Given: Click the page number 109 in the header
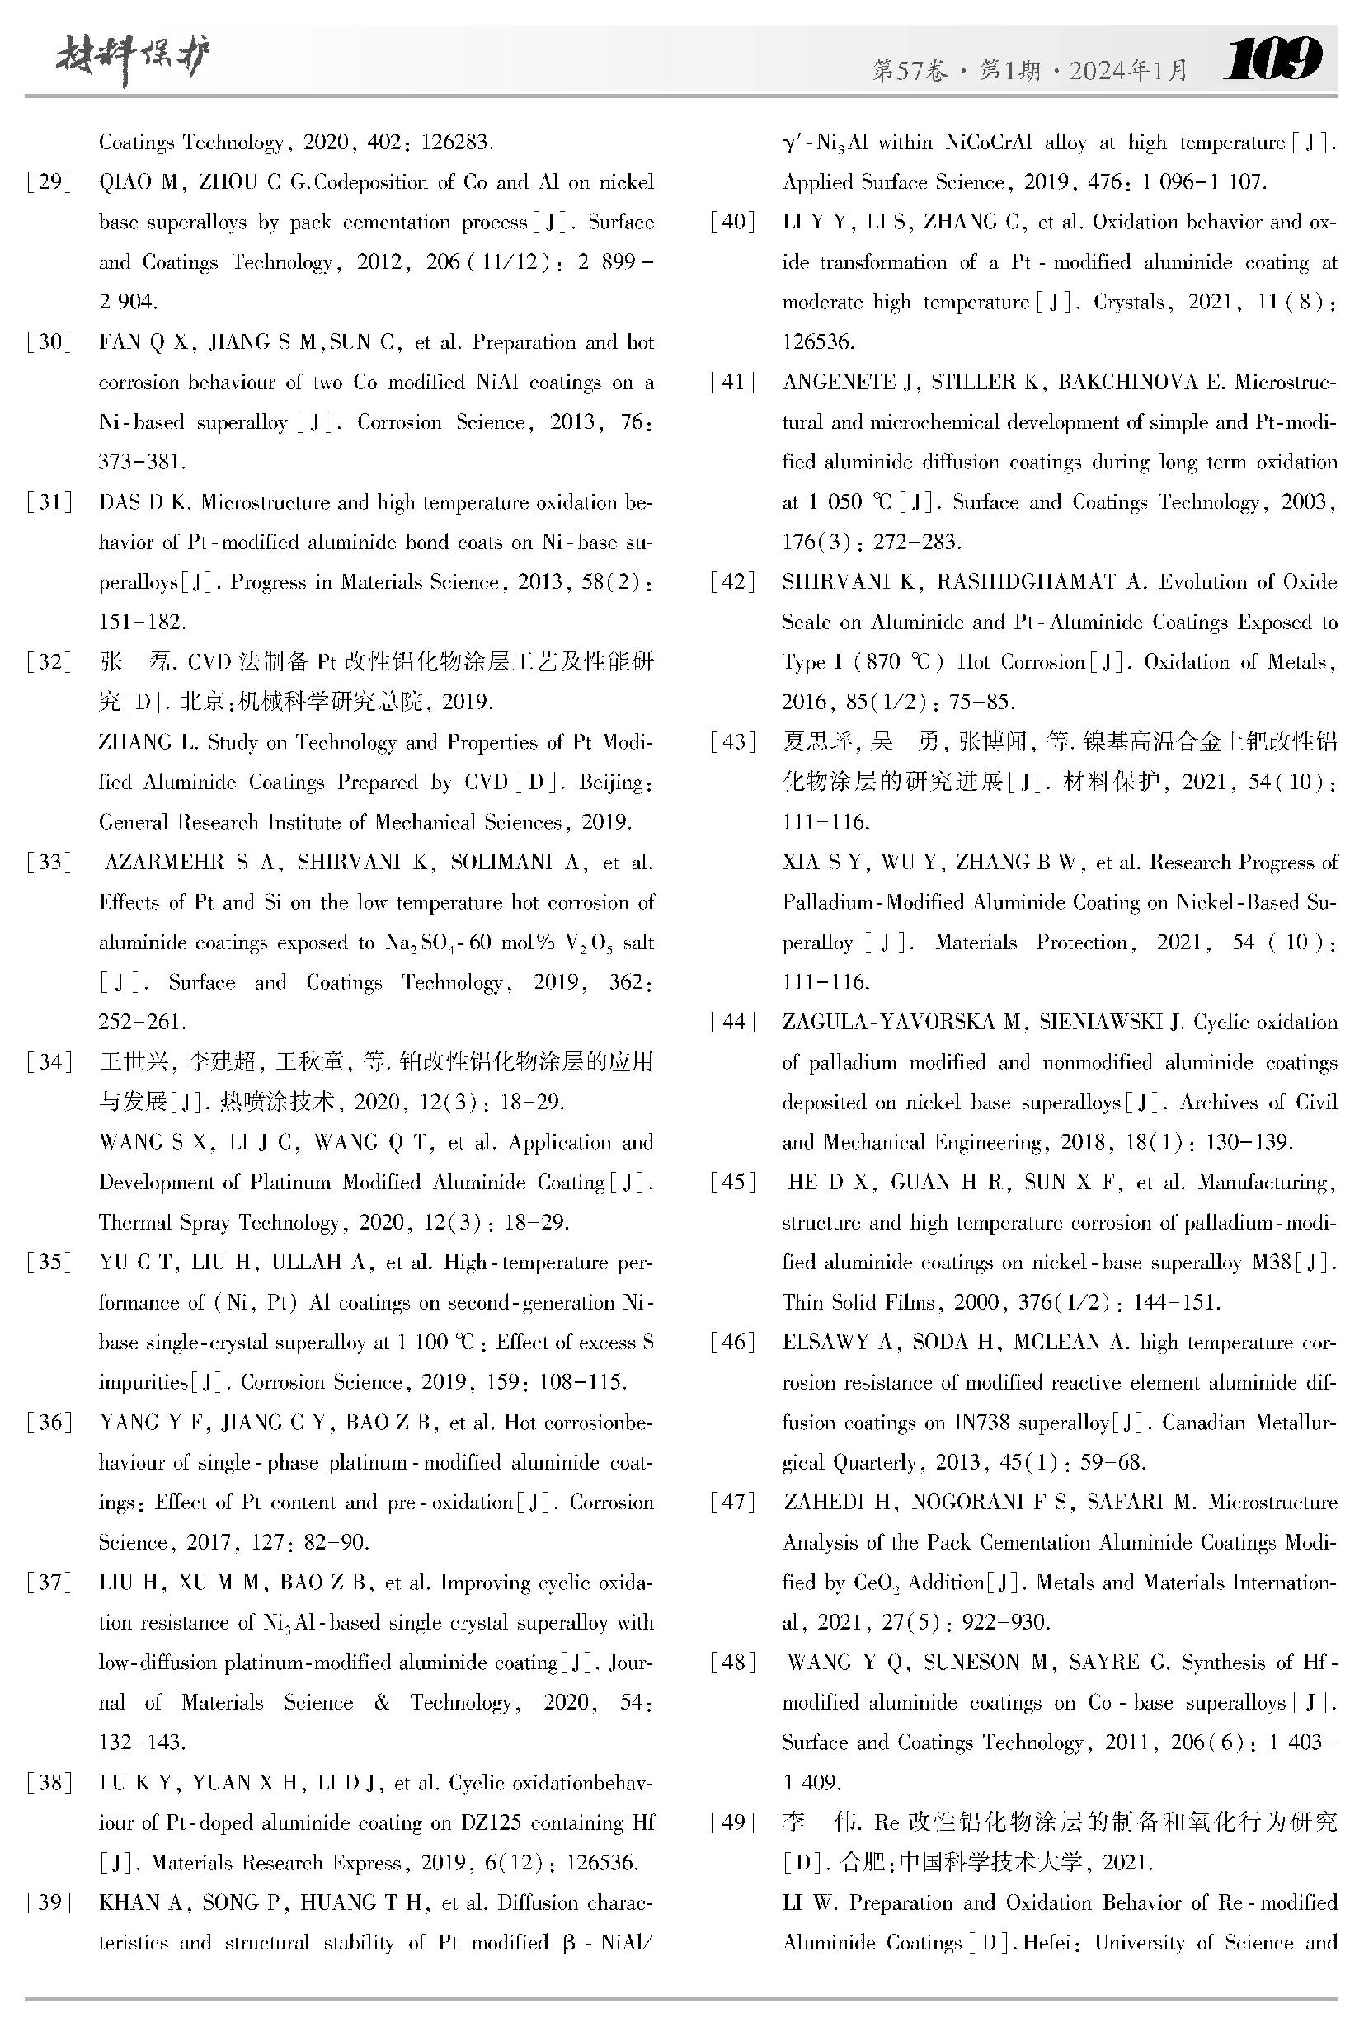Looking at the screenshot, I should pos(1272,59).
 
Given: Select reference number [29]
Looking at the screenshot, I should pos(49,181).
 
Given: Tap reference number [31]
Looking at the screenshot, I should pos(49,502).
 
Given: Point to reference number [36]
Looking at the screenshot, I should pos(49,1423).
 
